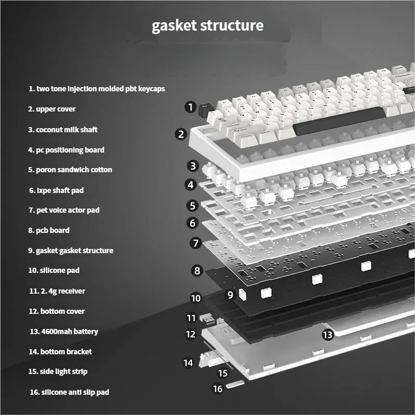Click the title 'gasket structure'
[208, 25]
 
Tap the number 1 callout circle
[190, 107]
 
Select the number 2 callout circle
[181, 134]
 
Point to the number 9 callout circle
[230, 295]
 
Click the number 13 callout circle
[327, 335]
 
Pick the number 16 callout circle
[218, 388]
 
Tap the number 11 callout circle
[191, 317]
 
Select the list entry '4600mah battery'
[64, 331]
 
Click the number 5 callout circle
[193, 206]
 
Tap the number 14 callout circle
[188, 363]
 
